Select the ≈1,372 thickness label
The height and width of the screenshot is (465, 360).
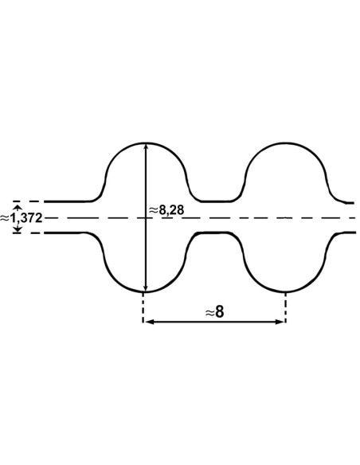tap(22, 217)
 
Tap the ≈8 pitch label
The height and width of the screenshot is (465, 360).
tap(214, 312)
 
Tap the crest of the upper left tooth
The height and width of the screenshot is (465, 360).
tap(145, 143)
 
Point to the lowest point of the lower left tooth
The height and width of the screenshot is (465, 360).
tap(145, 291)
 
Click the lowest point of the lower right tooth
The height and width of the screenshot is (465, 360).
tap(285, 291)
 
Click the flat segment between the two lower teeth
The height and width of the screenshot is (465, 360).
tap(215, 233)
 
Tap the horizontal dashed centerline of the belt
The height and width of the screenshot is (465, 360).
tap(239, 217)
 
